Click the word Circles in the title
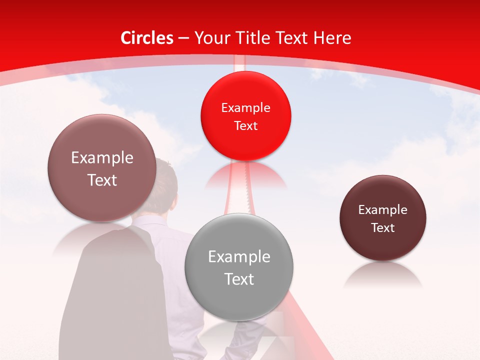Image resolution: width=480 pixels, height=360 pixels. click(x=147, y=38)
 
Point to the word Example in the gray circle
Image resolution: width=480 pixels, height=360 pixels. click(x=239, y=256)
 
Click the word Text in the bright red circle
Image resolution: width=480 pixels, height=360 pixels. click(x=245, y=125)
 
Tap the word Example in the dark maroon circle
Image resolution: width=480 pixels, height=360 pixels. click(x=383, y=210)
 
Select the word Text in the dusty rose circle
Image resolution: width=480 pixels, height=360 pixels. click(x=102, y=180)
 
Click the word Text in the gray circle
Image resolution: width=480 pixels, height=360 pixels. click(x=239, y=279)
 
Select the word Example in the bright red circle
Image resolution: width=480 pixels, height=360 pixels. click(x=245, y=108)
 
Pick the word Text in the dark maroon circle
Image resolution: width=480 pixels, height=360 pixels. click(x=383, y=228)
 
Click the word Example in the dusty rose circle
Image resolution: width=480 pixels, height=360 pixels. click(x=102, y=158)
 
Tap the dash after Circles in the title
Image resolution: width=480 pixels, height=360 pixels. click(x=183, y=38)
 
